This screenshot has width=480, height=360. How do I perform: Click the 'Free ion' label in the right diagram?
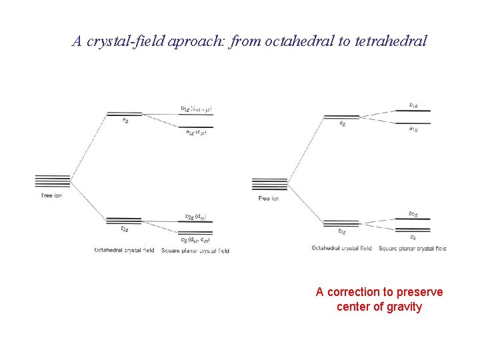268,199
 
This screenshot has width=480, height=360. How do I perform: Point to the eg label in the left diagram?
125,121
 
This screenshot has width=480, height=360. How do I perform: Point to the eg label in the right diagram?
342,123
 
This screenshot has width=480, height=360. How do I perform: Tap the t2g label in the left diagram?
124,229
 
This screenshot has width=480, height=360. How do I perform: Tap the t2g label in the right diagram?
341,231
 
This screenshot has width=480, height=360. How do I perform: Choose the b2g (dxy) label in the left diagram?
195,215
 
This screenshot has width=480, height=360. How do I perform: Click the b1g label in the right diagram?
413,105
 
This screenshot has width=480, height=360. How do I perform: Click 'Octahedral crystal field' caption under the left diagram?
124,251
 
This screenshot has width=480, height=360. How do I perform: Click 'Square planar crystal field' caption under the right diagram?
412,249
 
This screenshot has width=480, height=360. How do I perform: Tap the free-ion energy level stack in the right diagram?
269,184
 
